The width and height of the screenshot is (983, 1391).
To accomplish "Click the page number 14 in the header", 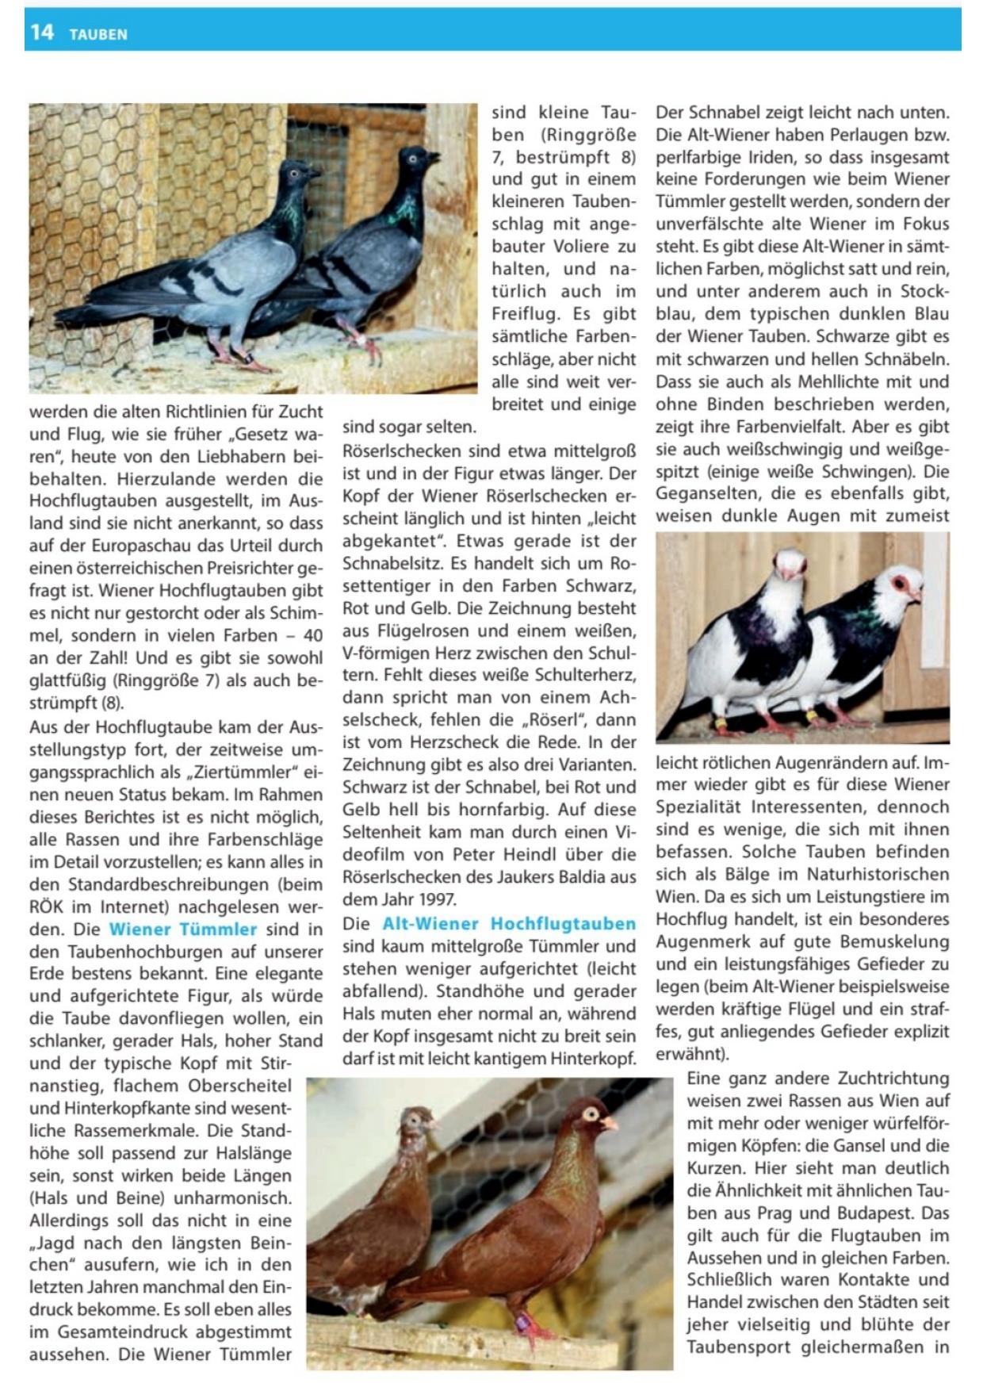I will coord(41,32).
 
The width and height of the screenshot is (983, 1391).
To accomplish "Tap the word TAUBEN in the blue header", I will coord(98,34).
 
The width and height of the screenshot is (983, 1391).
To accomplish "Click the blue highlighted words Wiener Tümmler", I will coord(183,929).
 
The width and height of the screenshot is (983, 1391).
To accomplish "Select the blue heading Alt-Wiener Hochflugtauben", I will coord(509,923).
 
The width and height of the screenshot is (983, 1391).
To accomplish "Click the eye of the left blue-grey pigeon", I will coord(294,173).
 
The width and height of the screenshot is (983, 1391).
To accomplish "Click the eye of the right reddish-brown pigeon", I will coord(591,1113).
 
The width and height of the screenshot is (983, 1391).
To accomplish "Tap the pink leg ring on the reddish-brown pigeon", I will coord(522,1321).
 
